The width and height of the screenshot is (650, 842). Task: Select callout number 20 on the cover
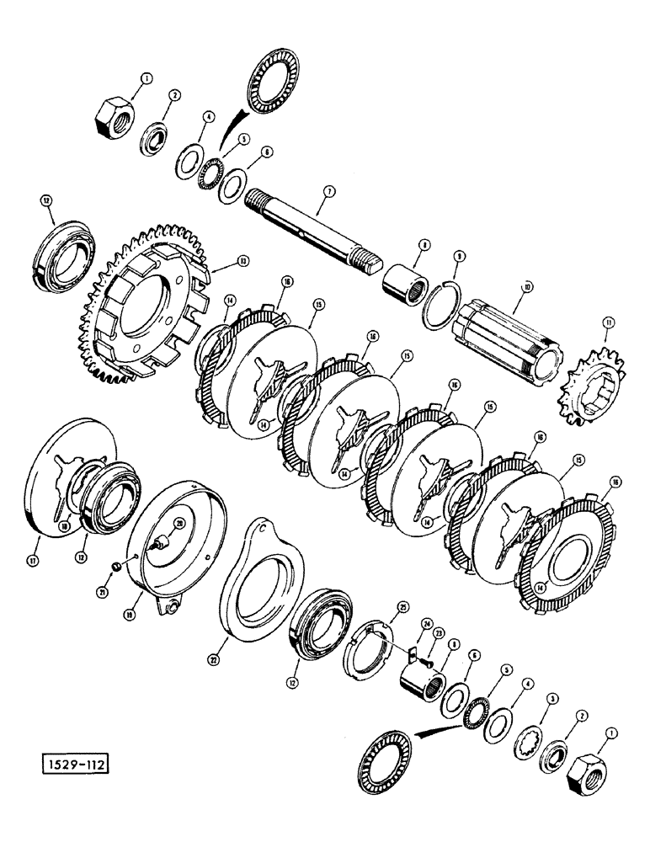click(178, 523)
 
